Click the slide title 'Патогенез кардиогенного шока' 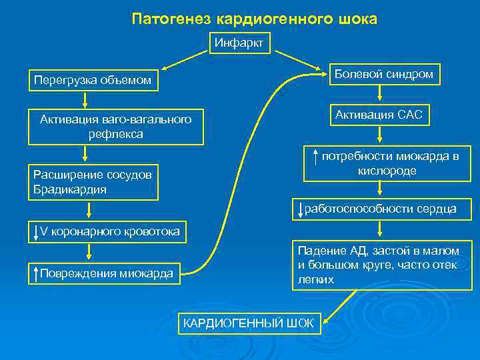[x=254, y=19]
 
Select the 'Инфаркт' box [x=239, y=43]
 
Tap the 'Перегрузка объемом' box [x=93, y=81]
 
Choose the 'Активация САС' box [x=379, y=115]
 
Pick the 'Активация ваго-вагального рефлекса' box [x=115, y=127]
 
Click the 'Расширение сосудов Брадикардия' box [x=93, y=182]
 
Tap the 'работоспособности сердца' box [x=377, y=209]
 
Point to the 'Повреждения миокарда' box [x=105, y=273]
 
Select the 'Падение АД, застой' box [x=377, y=265]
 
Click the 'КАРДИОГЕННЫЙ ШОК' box [x=247, y=323]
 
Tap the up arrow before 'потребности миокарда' [x=313, y=158]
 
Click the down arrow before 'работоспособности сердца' [x=301, y=209]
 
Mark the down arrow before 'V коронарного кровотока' [x=35, y=232]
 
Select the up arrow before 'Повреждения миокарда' [x=35, y=273]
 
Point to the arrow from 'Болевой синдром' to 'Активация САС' [x=379, y=95]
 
